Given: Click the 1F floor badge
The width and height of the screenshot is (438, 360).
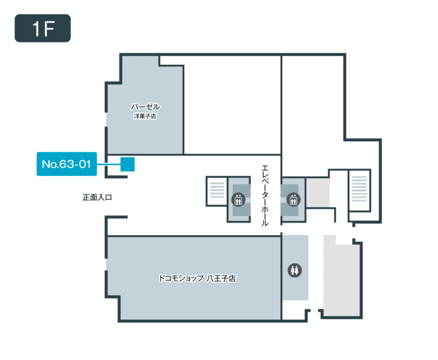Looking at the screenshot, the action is pyautogui.click(x=43, y=28).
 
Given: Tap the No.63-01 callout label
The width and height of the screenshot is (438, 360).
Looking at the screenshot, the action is pyautogui.click(x=67, y=164).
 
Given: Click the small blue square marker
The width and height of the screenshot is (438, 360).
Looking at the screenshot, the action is pyautogui.click(x=128, y=164).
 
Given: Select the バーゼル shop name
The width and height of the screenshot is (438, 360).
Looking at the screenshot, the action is pyautogui.click(x=145, y=106).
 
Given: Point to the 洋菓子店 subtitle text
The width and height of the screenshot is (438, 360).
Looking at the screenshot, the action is pyautogui.click(x=145, y=116).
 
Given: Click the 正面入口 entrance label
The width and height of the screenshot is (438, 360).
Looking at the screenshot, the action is pyautogui.click(x=97, y=197).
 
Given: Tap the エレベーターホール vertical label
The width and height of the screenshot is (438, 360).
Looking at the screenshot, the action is pyautogui.click(x=265, y=195).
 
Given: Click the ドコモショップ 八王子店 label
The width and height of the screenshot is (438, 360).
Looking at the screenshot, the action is pyautogui.click(x=197, y=278).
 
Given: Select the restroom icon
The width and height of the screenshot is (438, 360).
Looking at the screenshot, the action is pyautogui.click(x=295, y=271).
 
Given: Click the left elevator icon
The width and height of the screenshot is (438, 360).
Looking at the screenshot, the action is pyautogui.click(x=238, y=199).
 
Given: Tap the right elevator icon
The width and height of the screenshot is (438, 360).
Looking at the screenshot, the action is pyautogui.click(x=293, y=199).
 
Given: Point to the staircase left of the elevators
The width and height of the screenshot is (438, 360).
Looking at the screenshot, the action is pyautogui.click(x=217, y=191).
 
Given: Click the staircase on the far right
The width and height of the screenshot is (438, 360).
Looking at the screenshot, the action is pyautogui.click(x=359, y=190).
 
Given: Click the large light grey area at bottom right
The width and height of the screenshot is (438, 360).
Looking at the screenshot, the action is pyautogui.click(x=341, y=277).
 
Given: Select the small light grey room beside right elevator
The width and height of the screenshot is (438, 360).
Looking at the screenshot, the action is pyautogui.click(x=318, y=193).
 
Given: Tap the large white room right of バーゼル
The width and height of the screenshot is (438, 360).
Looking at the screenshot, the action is pyautogui.click(x=232, y=105).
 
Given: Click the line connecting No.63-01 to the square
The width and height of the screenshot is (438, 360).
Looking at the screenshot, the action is pyautogui.click(x=109, y=164).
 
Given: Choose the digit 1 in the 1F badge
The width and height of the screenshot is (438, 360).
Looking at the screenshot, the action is pyautogui.click(x=37, y=28).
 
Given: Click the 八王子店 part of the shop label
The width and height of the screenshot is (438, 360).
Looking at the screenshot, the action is pyautogui.click(x=221, y=278).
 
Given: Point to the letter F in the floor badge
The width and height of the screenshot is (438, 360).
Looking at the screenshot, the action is pyautogui.click(x=49, y=28).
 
